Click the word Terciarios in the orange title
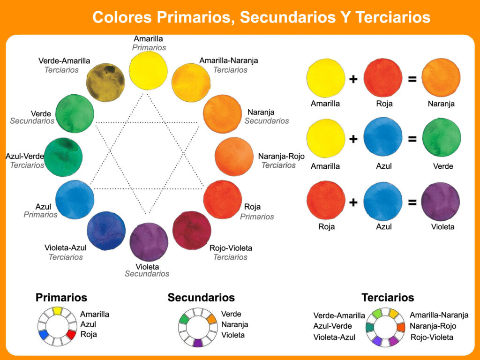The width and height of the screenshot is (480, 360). pos(393,17)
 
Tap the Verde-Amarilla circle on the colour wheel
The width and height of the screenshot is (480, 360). pos(105,82)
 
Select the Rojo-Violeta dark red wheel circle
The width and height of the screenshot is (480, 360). pos(192,230)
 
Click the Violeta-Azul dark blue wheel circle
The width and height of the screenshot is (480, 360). pos(106,231)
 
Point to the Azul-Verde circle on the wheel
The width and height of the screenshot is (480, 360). pos(63,157)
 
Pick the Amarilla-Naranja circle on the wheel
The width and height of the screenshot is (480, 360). pos(191,82)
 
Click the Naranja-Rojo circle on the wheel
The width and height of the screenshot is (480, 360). pos(234,157)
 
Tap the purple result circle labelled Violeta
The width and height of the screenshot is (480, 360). pos(441,202)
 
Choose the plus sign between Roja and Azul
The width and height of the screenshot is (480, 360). pos(353,202)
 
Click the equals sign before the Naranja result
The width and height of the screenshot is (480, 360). pos(412,79)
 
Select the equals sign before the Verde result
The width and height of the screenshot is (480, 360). pos(412,139)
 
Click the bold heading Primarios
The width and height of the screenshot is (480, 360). pos(61,298)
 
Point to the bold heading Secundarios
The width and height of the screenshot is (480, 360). pos(201,298)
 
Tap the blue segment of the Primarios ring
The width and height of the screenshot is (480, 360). pos(44,335)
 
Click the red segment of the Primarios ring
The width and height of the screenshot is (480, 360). pos(71,335)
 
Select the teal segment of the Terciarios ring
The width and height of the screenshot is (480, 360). pos(370,327)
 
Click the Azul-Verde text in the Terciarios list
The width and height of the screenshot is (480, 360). pos(333,326)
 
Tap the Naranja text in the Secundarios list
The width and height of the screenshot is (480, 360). pos(234,324)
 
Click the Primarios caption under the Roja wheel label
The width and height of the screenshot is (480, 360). pos(257,217)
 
